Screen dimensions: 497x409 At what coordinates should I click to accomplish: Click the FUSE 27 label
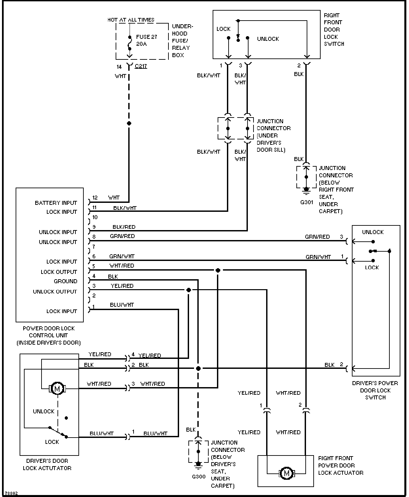[147, 37]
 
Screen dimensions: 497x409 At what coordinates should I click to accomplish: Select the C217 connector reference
[141, 66]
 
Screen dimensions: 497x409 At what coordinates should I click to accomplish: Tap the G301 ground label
[307, 202]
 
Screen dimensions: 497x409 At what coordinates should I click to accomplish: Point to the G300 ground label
[198, 476]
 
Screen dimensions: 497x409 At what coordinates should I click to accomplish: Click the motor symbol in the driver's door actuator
[57, 388]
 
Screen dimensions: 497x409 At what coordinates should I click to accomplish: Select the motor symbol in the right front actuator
[286, 473]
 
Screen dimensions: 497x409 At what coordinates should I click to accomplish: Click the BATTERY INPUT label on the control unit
[56, 203]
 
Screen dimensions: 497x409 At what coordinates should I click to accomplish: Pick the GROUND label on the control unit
[65, 281]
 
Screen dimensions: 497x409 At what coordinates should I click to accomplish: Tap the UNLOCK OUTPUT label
[55, 291]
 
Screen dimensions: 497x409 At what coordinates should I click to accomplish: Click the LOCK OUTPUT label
[59, 272]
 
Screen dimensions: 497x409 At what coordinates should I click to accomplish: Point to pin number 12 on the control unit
[95, 198]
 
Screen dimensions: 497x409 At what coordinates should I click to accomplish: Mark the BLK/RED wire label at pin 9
[124, 227]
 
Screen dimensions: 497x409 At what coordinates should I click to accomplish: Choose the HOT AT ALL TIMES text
[131, 20]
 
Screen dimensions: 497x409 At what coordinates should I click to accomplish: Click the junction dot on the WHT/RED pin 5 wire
[218, 270]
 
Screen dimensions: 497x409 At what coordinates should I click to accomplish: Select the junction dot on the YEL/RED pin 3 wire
[189, 290]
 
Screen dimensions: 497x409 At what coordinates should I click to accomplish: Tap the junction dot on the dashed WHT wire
[129, 124]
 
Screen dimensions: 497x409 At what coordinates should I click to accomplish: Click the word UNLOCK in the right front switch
[268, 39]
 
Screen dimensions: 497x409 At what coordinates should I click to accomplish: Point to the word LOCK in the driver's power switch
[372, 267]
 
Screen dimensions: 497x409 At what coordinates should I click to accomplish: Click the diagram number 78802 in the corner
[11, 493]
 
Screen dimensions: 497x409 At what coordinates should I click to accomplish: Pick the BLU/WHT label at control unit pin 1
[122, 305]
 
